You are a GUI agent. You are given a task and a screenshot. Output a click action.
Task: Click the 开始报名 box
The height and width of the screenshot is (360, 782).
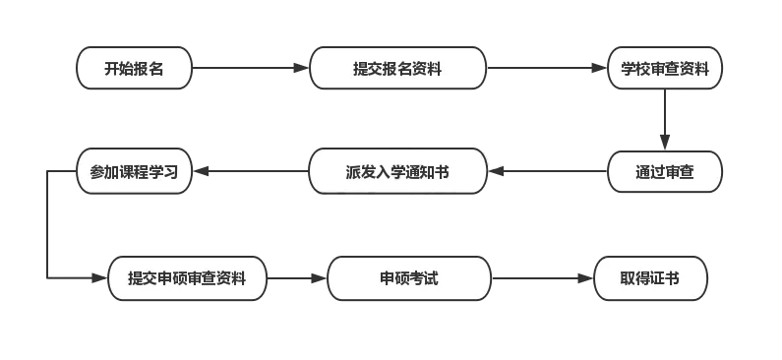coord(134,69)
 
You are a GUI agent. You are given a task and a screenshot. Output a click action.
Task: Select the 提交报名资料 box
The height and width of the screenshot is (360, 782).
coord(397,69)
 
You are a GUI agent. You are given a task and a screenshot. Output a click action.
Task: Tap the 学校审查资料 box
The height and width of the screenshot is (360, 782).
coord(665,69)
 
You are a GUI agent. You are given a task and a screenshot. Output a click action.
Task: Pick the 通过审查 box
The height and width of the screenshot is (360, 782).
coord(665,172)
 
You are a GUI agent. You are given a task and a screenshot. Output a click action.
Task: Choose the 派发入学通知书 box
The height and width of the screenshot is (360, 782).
coord(397,172)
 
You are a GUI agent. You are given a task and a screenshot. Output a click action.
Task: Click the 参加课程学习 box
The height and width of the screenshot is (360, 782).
coord(134,172)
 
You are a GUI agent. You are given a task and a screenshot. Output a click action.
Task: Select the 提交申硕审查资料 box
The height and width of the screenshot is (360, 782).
coord(187,279)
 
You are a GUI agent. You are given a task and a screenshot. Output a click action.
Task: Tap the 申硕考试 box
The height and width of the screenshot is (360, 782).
coord(409,279)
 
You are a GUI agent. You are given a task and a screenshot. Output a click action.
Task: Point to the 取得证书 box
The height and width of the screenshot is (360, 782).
coord(650,279)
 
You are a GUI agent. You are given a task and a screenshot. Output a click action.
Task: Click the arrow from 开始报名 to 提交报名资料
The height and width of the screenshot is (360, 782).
coord(251,69)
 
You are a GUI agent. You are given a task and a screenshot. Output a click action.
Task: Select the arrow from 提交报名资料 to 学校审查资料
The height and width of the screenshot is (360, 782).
coord(546,69)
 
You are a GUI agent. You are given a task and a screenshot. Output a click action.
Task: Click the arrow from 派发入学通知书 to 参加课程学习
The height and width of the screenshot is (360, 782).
coord(251,172)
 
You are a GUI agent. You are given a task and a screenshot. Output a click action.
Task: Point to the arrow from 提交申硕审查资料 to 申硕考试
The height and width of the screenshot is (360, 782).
coord(296,279)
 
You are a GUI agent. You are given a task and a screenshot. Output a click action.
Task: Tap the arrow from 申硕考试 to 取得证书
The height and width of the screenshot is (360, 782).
coord(541,279)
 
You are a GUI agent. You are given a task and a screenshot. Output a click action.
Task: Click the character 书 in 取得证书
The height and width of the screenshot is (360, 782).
coord(672,279)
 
